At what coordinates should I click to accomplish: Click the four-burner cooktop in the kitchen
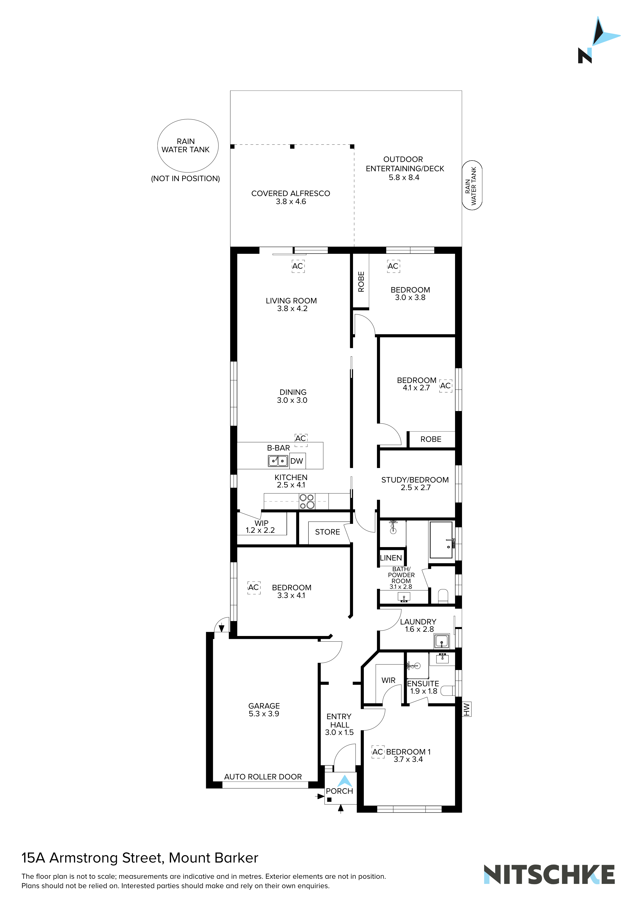click(307, 501)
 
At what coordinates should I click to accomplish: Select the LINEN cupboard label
click(391, 558)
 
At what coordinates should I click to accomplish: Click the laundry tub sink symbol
click(442, 641)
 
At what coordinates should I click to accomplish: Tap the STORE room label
click(327, 532)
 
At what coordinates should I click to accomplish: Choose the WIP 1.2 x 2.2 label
click(260, 527)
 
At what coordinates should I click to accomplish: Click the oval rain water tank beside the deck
click(472, 185)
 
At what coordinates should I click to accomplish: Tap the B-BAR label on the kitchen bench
click(278, 448)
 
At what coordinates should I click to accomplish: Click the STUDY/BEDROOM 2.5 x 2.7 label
click(415, 483)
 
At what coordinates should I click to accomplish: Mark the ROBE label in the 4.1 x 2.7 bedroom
click(431, 439)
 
